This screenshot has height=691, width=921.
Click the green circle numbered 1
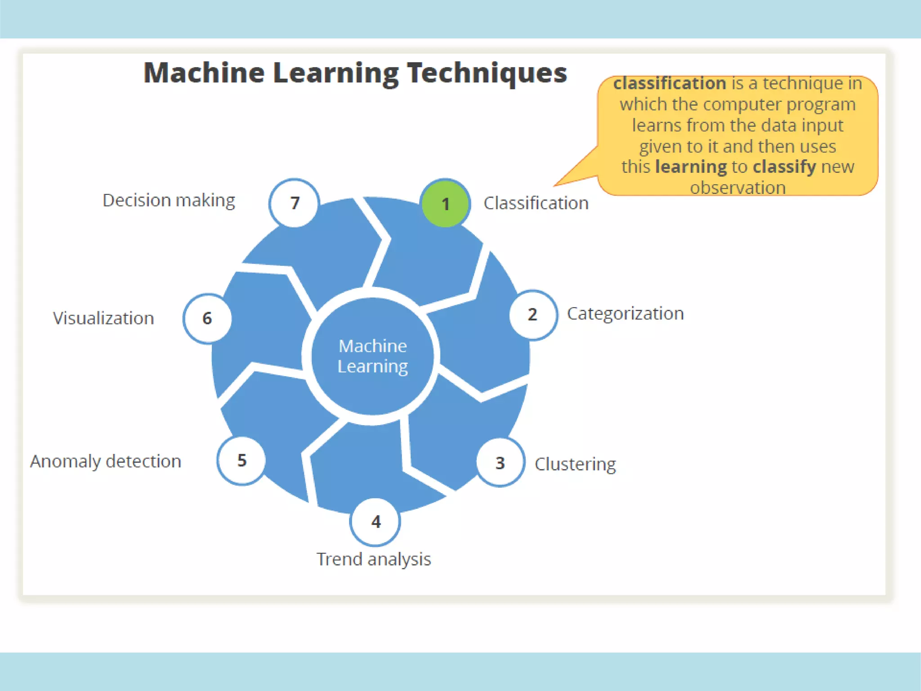[x=445, y=204]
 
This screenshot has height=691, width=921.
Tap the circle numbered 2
[x=533, y=314]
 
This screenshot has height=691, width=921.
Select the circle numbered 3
[x=500, y=463]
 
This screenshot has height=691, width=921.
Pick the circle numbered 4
[x=376, y=522]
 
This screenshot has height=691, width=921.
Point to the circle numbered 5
[x=241, y=460]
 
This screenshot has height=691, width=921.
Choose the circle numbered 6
[x=207, y=319]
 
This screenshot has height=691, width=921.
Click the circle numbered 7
[x=295, y=203]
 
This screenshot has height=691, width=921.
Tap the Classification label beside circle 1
[x=536, y=203]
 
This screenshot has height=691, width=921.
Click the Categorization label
[x=625, y=314]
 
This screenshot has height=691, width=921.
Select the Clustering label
[x=575, y=464]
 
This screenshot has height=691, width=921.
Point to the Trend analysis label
[x=374, y=559]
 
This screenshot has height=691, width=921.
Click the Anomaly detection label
[x=106, y=462]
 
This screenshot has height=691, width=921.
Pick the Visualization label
[x=103, y=319]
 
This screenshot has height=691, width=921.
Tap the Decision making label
[x=169, y=201]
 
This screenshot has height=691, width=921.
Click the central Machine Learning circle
[x=373, y=356]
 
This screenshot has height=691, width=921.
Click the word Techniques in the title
[x=487, y=73]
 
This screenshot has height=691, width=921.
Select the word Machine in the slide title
[x=204, y=73]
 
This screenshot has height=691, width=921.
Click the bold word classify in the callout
[x=784, y=167]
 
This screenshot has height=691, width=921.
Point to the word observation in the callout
[x=738, y=188]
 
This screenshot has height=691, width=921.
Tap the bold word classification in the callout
[x=670, y=83]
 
